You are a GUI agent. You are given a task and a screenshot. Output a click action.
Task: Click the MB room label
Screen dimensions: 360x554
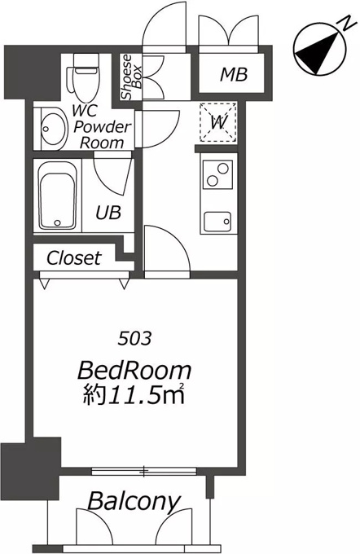(x=234, y=74)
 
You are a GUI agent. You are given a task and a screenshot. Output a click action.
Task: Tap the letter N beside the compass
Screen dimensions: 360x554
(x=347, y=23)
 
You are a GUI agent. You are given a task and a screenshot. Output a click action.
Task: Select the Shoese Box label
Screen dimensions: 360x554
(x=130, y=77)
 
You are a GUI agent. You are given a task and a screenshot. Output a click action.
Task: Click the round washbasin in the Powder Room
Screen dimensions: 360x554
(x=54, y=129)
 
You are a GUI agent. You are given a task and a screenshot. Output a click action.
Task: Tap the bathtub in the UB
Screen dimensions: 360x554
(x=58, y=196)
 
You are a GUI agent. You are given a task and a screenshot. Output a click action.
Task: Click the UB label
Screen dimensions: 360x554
(x=108, y=213)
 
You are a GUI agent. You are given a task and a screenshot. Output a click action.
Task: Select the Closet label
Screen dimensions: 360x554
(x=74, y=258)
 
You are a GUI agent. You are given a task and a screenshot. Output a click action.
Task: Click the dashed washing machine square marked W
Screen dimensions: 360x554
(x=218, y=122)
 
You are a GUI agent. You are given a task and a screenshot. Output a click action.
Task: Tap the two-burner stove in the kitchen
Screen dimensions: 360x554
(x=217, y=174)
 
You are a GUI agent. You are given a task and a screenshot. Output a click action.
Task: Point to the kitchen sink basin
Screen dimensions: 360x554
(x=217, y=222)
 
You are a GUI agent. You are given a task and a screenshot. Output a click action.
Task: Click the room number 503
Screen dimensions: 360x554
(x=134, y=339)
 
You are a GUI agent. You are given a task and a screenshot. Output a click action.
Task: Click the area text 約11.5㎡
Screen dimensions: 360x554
(x=134, y=394)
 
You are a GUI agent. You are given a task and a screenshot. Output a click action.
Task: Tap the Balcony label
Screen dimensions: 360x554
(x=134, y=501)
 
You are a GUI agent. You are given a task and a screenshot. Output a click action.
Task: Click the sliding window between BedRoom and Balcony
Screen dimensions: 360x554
(x=144, y=471)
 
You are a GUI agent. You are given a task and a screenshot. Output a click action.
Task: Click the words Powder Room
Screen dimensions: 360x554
(x=102, y=135)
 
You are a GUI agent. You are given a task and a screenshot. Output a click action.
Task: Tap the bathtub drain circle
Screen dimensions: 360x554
(x=58, y=222)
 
